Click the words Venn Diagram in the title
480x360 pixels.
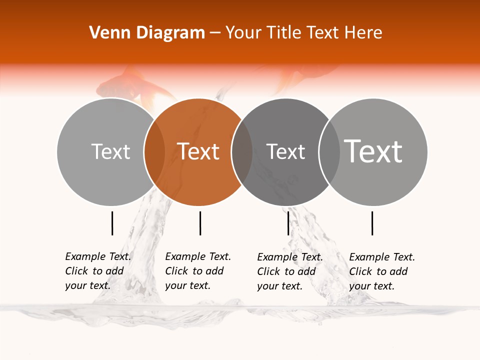pos(147,33)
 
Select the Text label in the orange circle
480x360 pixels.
pos(198,151)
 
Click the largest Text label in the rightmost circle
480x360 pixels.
pos(373,151)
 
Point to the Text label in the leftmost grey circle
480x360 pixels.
pos(110,151)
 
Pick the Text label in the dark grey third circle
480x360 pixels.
pos(285,151)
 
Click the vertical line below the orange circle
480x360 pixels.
pos(200,223)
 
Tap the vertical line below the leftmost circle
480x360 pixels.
pos(112,223)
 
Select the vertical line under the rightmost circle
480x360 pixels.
pos(372,223)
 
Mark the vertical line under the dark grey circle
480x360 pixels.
pos(288,223)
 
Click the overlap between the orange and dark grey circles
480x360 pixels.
pos(242,152)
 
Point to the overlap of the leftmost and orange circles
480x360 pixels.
pos(154,152)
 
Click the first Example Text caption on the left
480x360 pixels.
pos(98,256)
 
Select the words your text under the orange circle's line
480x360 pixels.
pos(187,285)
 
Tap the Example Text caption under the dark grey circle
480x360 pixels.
pos(290,257)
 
